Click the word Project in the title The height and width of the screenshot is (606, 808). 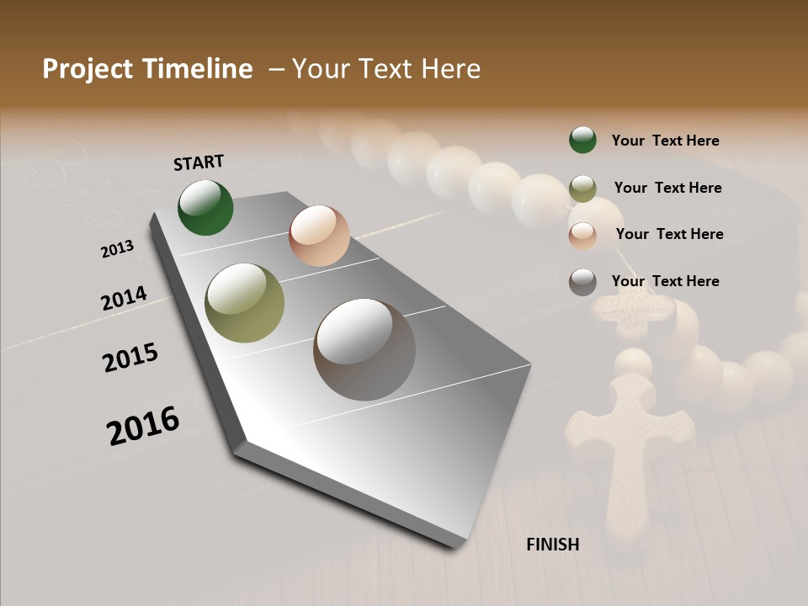(x=88, y=70)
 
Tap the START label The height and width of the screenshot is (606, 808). (x=199, y=162)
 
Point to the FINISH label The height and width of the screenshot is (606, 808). (x=553, y=545)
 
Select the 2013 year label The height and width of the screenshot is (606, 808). (x=117, y=249)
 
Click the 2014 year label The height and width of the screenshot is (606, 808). (x=124, y=299)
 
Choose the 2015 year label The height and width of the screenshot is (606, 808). (x=130, y=358)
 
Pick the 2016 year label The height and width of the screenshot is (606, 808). (x=143, y=425)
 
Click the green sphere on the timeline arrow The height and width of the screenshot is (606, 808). (x=206, y=208)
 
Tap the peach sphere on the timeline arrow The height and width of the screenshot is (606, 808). (x=319, y=236)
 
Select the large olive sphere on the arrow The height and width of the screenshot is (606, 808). (x=245, y=303)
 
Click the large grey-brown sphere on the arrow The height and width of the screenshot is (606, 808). (x=364, y=349)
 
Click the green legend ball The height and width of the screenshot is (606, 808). (x=582, y=140)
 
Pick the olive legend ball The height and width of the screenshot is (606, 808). (x=582, y=189)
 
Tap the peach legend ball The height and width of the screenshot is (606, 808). (x=582, y=235)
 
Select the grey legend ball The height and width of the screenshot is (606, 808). (x=582, y=282)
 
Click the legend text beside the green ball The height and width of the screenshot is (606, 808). (x=665, y=141)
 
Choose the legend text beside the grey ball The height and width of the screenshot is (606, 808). (x=665, y=281)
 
